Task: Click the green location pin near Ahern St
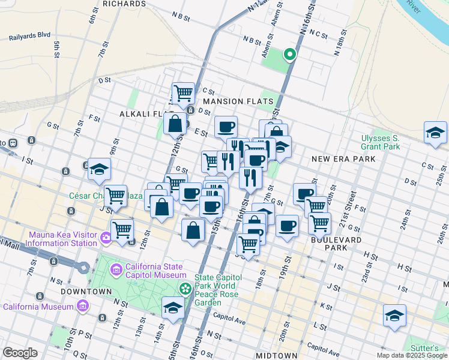click(x=289, y=55)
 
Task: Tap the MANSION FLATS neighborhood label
click(x=238, y=101)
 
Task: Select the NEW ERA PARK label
click(x=343, y=158)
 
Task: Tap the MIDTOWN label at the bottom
click(x=277, y=355)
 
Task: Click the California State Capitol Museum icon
click(x=115, y=268)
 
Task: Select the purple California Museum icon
click(x=83, y=307)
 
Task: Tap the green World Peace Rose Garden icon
click(x=185, y=289)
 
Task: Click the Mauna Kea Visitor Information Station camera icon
click(x=106, y=238)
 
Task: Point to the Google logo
click(x=20, y=352)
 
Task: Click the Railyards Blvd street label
click(x=29, y=37)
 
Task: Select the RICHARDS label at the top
click(x=124, y=4)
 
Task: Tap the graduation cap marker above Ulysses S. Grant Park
click(x=435, y=132)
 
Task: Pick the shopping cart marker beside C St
click(x=183, y=93)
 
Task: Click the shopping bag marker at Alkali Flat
click(x=175, y=124)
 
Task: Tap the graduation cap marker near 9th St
click(x=99, y=169)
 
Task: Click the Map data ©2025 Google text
click(x=411, y=355)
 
